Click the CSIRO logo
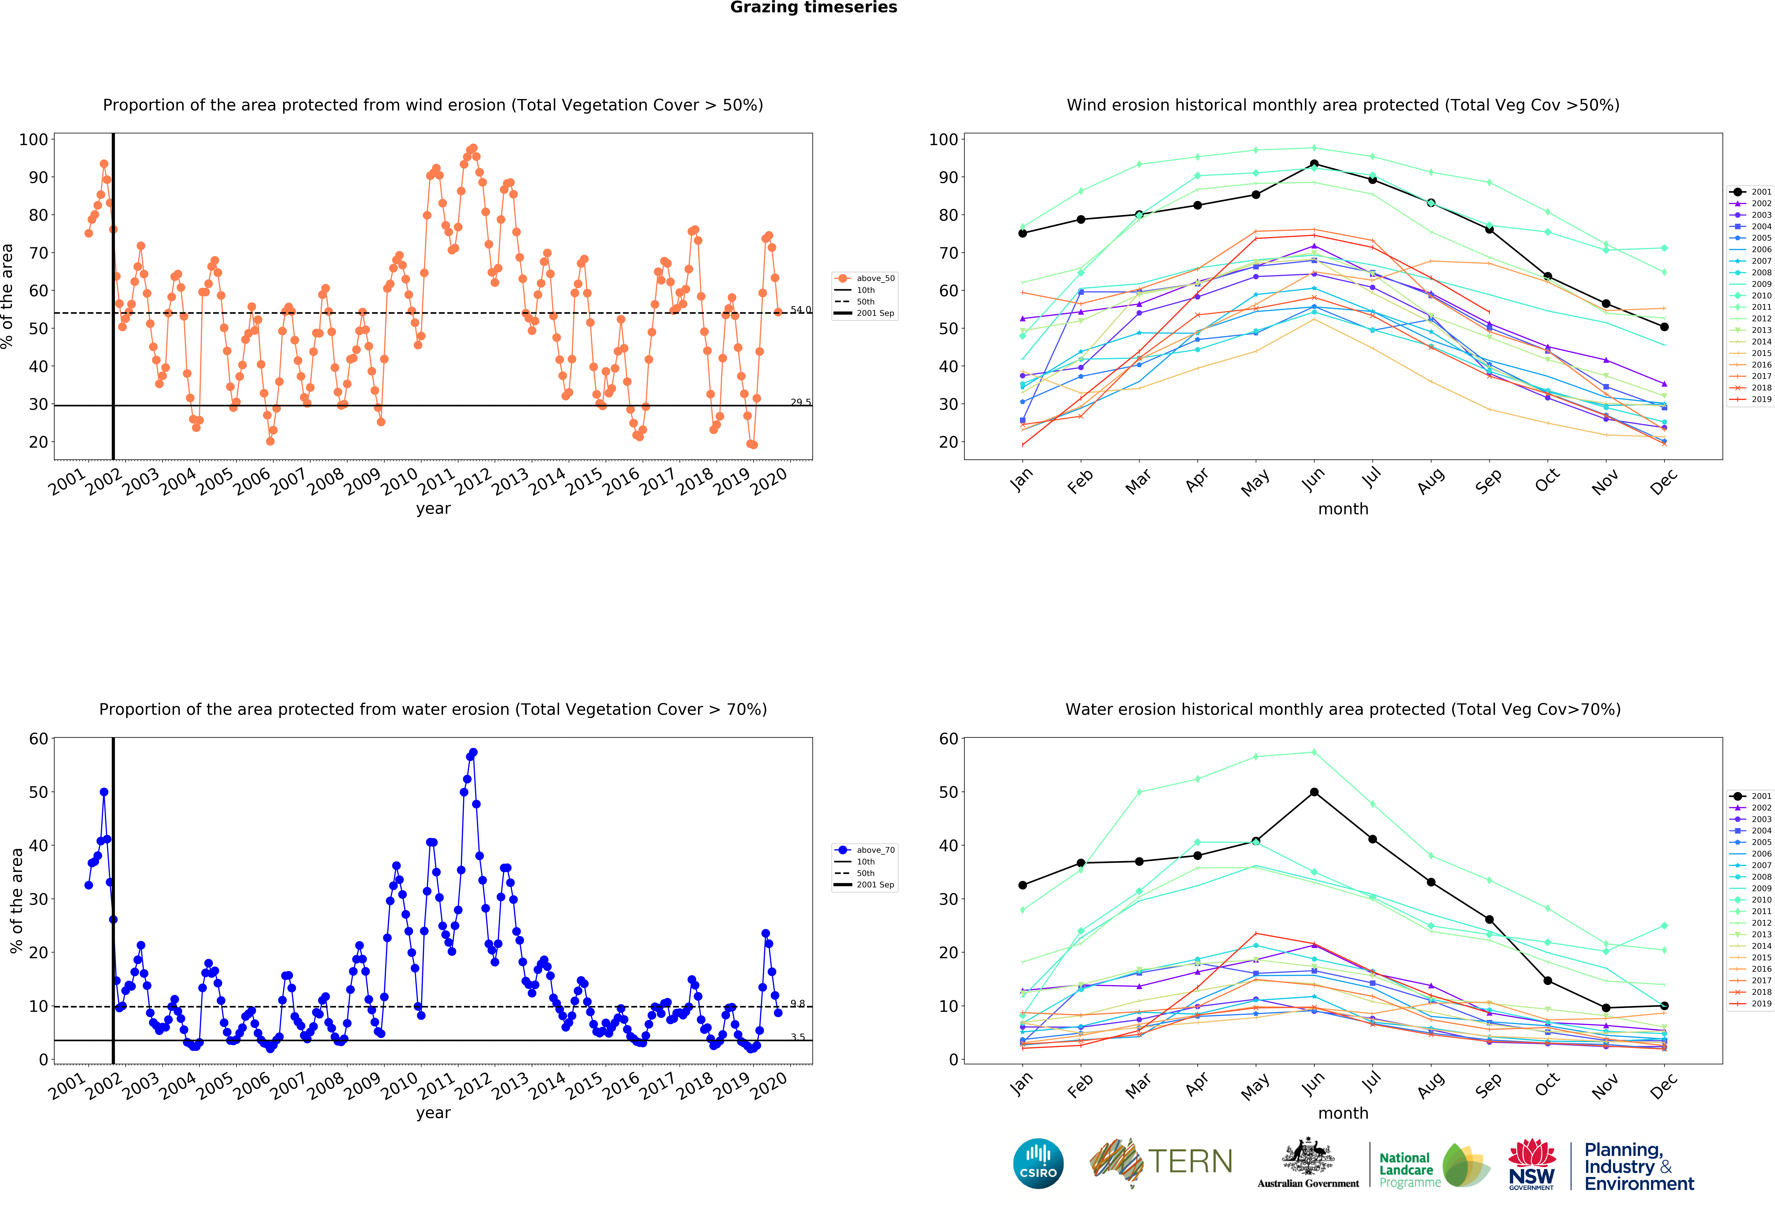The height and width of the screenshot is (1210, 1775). (x=1038, y=1163)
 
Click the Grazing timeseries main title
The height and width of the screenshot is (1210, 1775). (x=813, y=8)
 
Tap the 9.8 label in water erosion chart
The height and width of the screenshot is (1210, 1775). (x=797, y=1004)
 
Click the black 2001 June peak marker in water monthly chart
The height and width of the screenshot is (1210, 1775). (x=1314, y=792)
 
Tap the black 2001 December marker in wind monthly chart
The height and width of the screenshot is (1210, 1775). (x=1664, y=327)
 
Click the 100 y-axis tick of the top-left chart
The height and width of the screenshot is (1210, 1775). (x=34, y=140)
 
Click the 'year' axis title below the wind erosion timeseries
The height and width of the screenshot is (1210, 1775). (x=433, y=509)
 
